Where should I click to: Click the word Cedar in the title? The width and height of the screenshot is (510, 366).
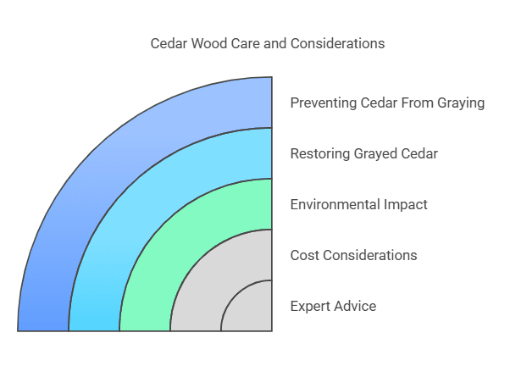(169, 43)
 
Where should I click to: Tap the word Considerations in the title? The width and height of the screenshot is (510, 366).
(339, 43)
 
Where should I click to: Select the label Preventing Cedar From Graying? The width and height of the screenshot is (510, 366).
(387, 103)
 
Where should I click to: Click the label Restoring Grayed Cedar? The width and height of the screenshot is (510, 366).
(363, 153)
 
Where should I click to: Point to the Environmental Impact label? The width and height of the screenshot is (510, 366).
(358, 204)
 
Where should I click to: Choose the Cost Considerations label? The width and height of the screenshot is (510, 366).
(353, 255)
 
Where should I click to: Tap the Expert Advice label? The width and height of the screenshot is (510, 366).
(333, 306)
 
